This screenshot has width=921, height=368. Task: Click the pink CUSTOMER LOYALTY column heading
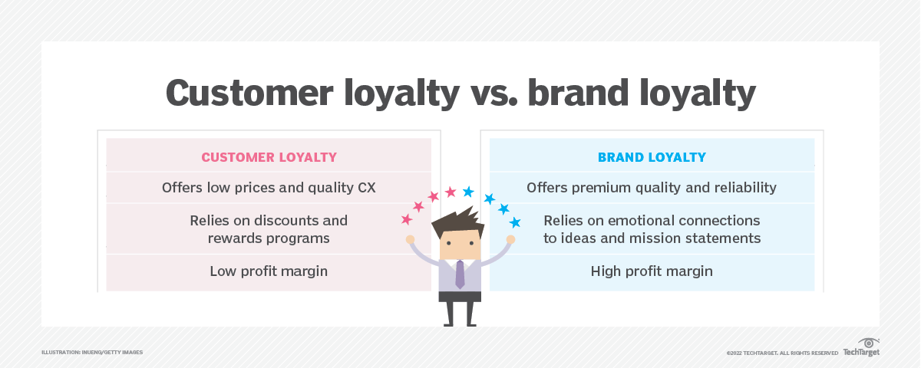coord(269,157)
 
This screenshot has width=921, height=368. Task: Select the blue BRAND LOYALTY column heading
coord(652,157)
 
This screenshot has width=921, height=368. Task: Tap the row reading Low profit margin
coord(269,271)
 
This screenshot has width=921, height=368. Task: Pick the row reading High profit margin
coord(652,271)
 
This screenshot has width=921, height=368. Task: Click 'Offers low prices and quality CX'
coord(269,188)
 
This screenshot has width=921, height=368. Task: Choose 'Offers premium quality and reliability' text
coord(652,188)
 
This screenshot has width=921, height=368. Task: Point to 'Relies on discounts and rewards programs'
coord(269,229)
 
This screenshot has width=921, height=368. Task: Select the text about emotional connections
coord(652,229)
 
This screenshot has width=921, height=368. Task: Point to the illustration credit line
coord(92,353)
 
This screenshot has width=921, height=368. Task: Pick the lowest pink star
coord(407,219)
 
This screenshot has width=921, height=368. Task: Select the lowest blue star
coord(515,222)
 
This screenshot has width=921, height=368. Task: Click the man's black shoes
coord(459,321)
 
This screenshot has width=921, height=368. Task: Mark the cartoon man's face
coord(459,245)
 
